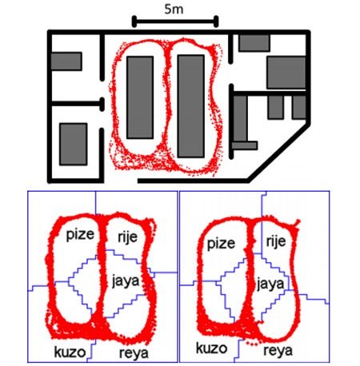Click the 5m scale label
click(174, 10)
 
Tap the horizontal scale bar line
click(175, 22)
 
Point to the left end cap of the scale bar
click(134, 22)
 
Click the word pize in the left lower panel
click(80, 235)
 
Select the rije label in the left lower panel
click(127, 237)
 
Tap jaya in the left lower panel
click(126, 281)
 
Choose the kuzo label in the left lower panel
click(70, 352)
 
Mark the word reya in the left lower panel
click(134, 353)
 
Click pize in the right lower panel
click(221, 244)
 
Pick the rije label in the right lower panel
click(276, 241)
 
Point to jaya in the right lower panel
click(270, 284)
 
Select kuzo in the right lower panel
click(211, 348)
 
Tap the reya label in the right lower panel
click(278, 351)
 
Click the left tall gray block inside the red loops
click(140, 97)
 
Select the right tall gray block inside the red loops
click(191, 106)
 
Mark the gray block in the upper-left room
click(66, 62)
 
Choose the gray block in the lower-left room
click(74, 144)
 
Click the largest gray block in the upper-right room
click(286, 73)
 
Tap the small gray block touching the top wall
click(254, 43)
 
